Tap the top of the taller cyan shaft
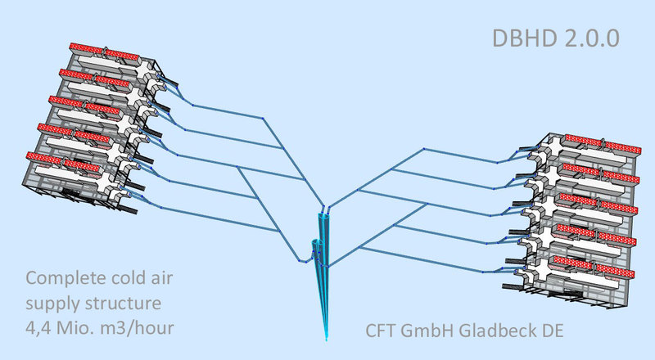click(x=325, y=214)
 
